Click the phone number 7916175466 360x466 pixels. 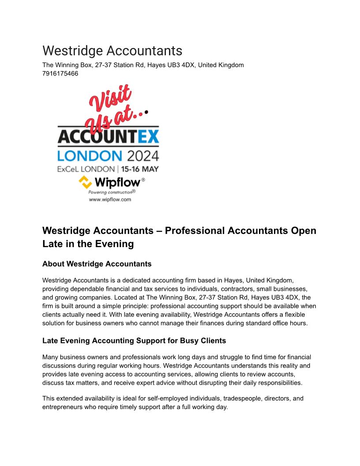point(60,74)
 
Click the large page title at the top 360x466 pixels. point(112,51)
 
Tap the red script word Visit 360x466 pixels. point(110,98)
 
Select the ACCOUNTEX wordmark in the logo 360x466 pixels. point(108,137)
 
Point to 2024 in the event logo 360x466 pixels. point(142,155)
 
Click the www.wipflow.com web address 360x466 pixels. point(110,199)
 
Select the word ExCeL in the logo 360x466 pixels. point(68,169)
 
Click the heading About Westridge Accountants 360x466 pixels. point(97,264)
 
